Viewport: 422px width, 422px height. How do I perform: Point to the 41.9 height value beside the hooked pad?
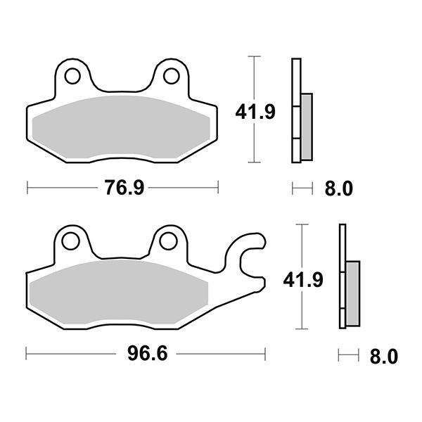pos(302,280)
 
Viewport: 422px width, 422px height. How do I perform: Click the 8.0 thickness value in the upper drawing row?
pos(336,188)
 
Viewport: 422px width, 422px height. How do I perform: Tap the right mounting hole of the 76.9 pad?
pos(170,74)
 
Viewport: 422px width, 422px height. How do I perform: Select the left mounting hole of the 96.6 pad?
pos(70,241)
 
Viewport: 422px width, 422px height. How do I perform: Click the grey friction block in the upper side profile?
pos(307,124)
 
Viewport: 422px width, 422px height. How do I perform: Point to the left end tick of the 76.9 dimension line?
pos(27,188)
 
